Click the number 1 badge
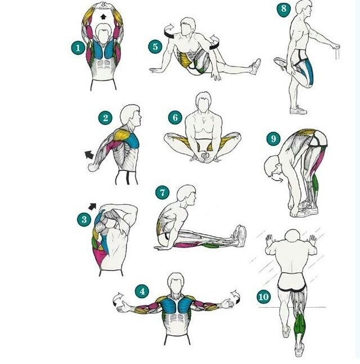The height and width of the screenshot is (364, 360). pos(78,48)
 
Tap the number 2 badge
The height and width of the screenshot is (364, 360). pos(105,118)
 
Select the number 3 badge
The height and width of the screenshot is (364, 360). pos(84,219)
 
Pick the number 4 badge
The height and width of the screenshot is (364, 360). pos(142,291)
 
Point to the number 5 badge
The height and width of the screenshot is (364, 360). pos(155,47)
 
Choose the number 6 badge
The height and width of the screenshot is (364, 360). pos(175,118)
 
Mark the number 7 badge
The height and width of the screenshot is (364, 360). pos(162,192)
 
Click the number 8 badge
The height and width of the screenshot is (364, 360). pos(283,9)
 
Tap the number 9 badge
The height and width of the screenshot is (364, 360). pos(273,139)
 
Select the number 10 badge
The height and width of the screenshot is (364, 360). pos(264,296)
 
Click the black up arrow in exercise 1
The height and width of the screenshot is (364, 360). pos(103,16)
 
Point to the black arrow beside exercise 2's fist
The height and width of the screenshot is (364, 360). pos(89,155)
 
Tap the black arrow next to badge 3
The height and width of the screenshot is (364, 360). pos(92,206)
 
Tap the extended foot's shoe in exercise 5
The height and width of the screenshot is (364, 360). pos(256,66)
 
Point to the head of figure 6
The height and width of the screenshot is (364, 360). pos(204,101)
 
